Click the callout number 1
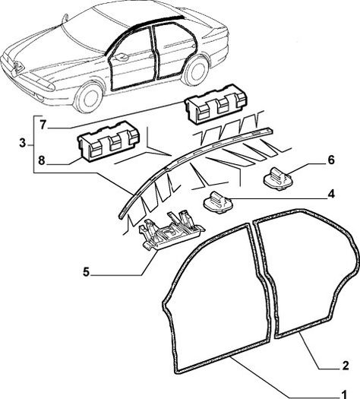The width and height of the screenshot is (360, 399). click(x=344, y=394)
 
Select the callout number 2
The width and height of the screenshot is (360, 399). click(x=346, y=366)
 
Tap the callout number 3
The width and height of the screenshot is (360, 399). click(x=23, y=144)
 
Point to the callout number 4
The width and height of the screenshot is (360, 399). click(x=331, y=194)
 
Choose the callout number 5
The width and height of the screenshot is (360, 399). click(x=87, y=272)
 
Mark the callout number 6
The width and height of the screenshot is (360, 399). click(x=331, y=160)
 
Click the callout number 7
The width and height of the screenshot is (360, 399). click(x=43, y=125)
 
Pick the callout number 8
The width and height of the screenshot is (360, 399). click(x=42, y=160)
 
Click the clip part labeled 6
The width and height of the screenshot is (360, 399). click(x=277, y=179)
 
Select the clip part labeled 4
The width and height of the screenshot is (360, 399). click(x=218, y=203)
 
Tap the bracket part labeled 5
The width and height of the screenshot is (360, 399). click(x=171, y=230)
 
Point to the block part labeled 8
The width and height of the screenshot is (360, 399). click(x=109, y=141)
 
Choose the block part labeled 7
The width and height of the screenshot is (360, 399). click(x=216, y=104)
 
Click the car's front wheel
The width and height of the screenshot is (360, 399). click(x=88, y=97)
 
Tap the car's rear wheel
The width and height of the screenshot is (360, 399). click(x=195, y=70)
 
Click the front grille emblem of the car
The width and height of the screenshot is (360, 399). click(x=18, y=66)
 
